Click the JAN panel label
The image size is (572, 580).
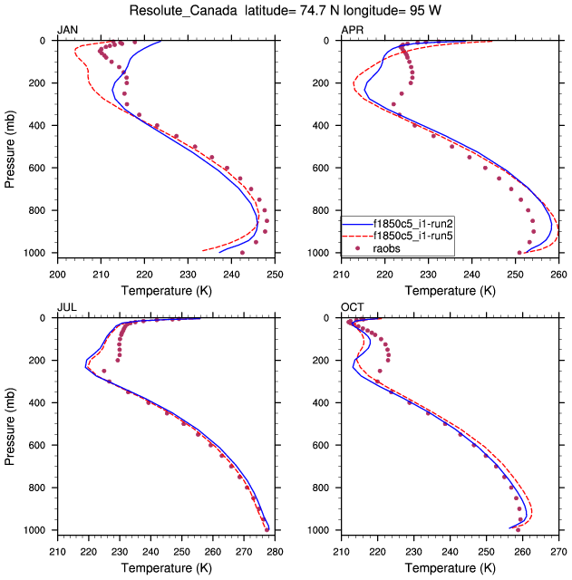tap(68, 31)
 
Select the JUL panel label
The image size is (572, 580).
tap(66, 308)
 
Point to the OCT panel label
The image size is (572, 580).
tap(352, 308)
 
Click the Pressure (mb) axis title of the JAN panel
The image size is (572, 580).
tap(11, 146)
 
